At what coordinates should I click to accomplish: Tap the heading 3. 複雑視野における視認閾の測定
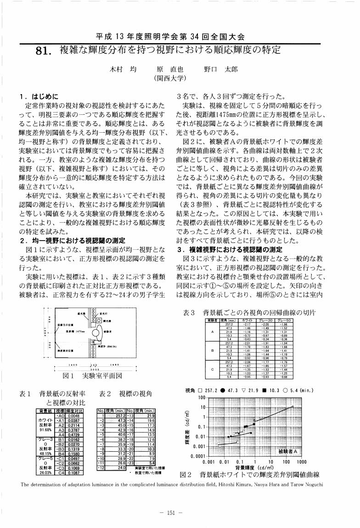(x=229, y=250)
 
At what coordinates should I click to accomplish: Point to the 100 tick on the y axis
(x=201, y=398)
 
